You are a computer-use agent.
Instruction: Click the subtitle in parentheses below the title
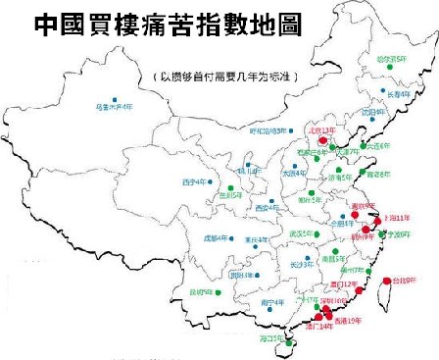[226, 76]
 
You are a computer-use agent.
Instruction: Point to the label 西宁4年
[197, 181]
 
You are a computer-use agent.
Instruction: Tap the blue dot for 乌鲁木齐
[116, 99]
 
